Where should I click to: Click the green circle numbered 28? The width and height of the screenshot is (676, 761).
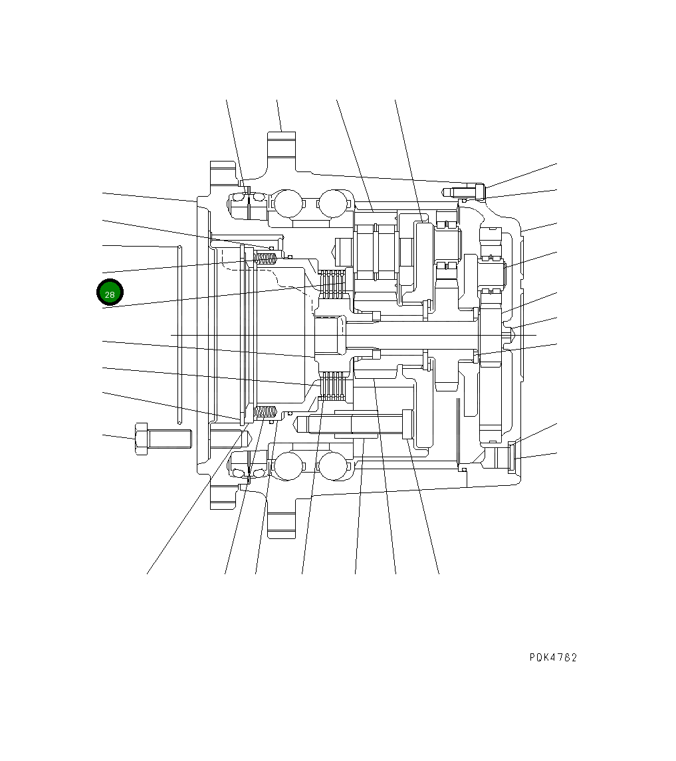(110, 293)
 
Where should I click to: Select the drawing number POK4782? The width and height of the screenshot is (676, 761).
(553, 657)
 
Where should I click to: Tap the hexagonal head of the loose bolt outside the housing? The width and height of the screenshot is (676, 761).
(141, 439)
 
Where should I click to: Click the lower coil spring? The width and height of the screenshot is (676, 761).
(266, 413)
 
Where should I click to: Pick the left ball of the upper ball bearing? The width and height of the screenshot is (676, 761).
(287, 203)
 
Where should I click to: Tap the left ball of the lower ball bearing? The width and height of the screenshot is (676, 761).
(287, 466)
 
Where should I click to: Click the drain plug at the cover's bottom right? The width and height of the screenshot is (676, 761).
(512, 458)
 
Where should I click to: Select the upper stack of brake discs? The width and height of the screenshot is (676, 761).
(334, 284)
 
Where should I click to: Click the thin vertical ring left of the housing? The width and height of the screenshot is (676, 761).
(179, 334)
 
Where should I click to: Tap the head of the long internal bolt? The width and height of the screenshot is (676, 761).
(407, 424)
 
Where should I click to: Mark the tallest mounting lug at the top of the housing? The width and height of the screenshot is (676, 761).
(281, 146)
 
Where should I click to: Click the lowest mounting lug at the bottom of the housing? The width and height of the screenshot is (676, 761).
(281, 525)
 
